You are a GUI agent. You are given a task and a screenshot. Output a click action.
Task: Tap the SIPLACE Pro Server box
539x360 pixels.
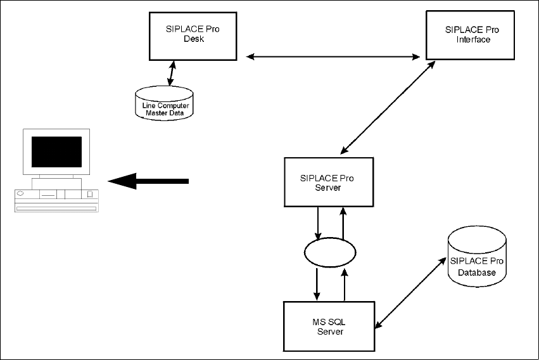click(328, 182)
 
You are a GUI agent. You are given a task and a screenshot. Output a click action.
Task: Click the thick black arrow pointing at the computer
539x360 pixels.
click(148, 181)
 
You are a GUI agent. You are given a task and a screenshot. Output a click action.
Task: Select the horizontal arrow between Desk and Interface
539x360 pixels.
click(333, 57)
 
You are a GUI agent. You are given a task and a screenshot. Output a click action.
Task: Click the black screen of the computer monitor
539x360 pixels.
click(57, 151)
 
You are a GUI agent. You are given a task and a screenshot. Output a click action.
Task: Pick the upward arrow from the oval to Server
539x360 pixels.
click(343, 221)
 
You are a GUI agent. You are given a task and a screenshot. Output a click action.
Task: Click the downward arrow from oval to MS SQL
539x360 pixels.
click(317, 285)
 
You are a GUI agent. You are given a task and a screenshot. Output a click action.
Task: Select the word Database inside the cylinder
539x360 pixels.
click(477, 273)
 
